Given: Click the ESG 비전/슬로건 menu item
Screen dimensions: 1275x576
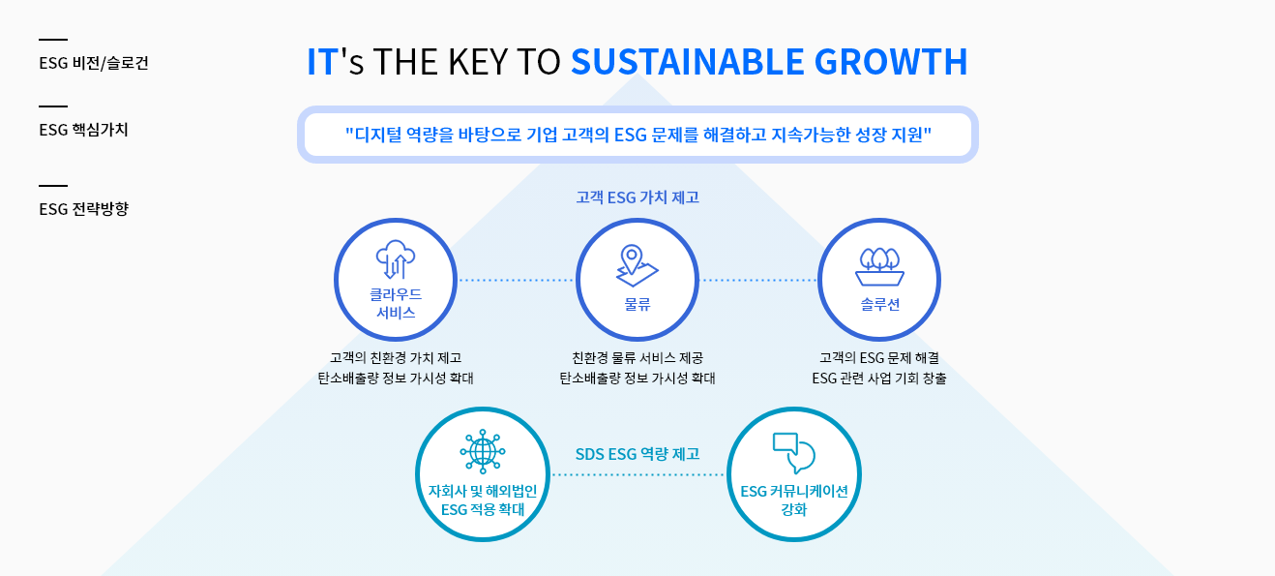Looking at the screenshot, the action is (93, 63).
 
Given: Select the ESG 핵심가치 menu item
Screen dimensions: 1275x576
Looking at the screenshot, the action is (83, 130).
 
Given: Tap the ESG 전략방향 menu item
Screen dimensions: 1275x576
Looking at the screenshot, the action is (83, 209).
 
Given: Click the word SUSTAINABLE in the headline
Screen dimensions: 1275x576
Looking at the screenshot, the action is (688, 62).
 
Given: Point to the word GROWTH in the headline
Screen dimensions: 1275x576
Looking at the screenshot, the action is (891, 62).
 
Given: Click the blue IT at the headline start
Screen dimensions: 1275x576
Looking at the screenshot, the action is (323, 62).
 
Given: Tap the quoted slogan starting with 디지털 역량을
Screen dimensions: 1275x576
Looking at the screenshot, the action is (638, 135).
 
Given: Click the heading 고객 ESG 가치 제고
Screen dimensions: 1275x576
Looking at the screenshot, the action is (637, 197).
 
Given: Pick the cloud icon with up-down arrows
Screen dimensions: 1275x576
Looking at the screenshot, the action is (396, 259).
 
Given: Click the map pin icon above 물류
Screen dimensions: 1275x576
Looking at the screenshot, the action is (637, 265).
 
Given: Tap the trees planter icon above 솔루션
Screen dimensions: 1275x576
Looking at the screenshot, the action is (879, 266).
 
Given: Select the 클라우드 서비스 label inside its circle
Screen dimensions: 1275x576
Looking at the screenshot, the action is (396, 304).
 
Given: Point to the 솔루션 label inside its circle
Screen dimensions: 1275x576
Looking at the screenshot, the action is (880, 305).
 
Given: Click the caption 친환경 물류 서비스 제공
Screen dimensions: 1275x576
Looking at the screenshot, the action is (637, 358).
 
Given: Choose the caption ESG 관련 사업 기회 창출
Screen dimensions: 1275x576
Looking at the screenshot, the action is (879, 379).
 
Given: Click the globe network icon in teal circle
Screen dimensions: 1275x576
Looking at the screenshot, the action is (483, 452).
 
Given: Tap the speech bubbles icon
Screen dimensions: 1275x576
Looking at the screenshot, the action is (793, 453).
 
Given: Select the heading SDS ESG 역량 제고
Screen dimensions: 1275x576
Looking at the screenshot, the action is (637, 454).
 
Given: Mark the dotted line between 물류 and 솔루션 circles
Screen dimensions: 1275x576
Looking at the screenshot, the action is (758, 281).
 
